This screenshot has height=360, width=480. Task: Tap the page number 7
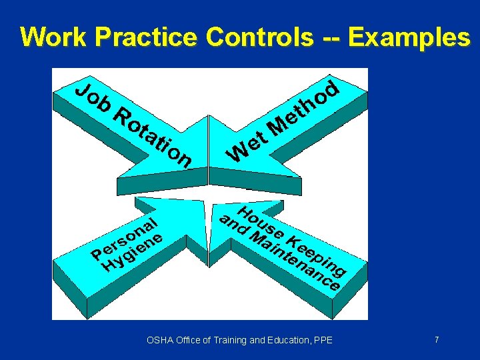pyautogui.click(x=437, y=340)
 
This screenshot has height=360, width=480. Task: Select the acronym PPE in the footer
pyautogui.click(x=323, y=341)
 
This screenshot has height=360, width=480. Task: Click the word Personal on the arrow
pyautogui.click(x=127, y=237)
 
